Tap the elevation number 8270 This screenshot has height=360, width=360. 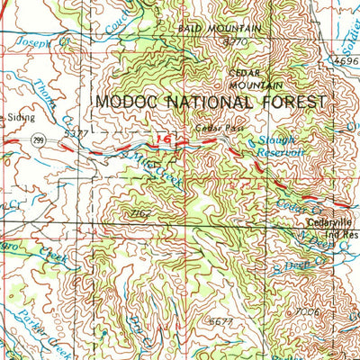pyautogui.click(x=235, y=40)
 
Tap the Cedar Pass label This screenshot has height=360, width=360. pyautogui.click(x=215, y=130)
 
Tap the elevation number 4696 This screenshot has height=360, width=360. pyautogui.click(x=346, y=61)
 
